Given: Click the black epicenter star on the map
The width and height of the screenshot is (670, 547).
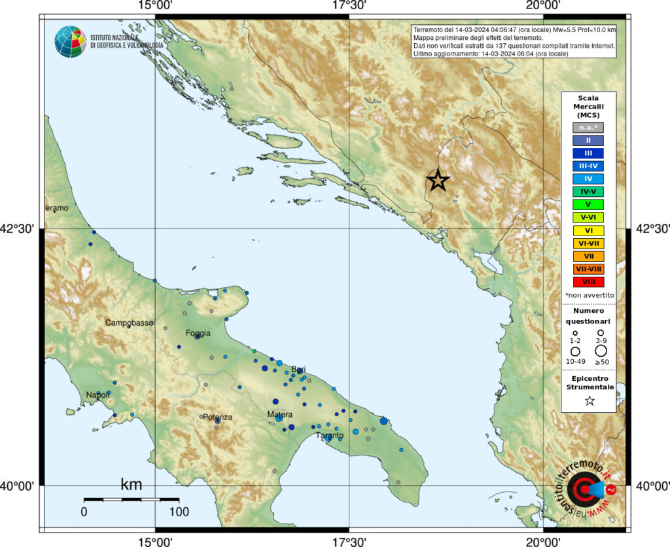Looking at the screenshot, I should point(438,180).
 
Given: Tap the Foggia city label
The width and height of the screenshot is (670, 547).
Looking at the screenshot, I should point(198,333).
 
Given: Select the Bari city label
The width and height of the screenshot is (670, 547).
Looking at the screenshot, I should point(298,369).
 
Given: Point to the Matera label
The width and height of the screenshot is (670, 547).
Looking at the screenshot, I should point(280,414).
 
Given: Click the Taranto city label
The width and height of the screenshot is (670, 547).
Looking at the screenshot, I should point(329,435).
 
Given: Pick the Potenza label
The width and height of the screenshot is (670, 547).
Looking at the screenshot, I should point(217,417).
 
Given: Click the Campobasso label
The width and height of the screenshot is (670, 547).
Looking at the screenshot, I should point(129,323).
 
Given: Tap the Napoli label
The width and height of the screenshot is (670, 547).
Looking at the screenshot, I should point(98,395).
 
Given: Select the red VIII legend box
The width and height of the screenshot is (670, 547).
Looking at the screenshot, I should point(588,282).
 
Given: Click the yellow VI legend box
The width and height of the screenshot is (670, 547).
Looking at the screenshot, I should point(588,230).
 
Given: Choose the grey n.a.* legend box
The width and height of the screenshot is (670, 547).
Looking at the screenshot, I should point(588,128).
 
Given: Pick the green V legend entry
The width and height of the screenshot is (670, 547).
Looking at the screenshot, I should point(588,205).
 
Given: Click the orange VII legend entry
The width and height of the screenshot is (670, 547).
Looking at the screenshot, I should point(588,256).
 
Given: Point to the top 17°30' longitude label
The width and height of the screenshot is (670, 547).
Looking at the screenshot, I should point(349,6).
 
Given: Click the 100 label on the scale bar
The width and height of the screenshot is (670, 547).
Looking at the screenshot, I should point(179,511).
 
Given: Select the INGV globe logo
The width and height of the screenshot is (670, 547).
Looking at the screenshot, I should point(70,41).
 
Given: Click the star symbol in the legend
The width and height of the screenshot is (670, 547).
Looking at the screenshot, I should point(590,401).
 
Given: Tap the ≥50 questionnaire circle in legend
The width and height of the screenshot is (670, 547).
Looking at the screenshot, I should point(601,351).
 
